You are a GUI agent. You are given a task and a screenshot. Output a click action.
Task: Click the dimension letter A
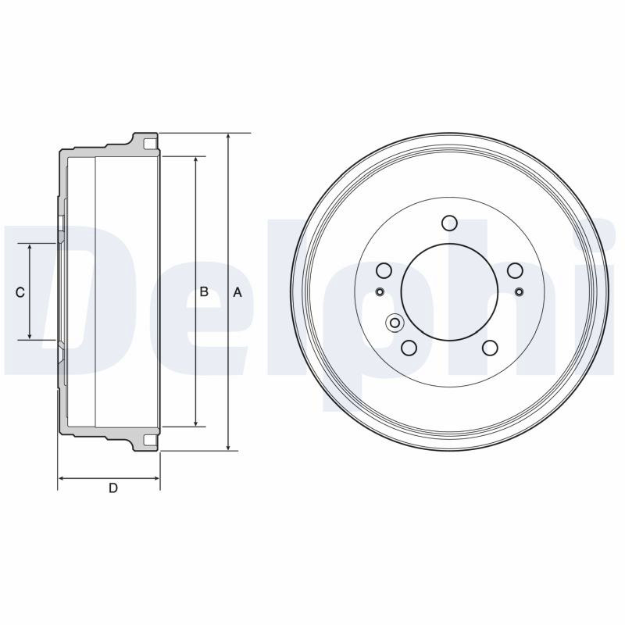tap(237, 292)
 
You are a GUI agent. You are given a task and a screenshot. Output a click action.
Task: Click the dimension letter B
tap(204, 291)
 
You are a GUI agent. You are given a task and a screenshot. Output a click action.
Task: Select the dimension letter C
tap(20, 292)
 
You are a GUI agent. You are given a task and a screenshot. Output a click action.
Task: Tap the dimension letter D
tap(113, 487)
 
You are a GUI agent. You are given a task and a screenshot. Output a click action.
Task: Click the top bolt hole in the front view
tap(450, 223)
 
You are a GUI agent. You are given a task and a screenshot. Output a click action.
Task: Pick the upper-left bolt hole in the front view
tap(384, 270)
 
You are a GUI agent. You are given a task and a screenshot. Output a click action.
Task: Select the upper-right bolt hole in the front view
tap(515, 270)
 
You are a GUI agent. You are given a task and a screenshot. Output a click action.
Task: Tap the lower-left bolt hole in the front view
tap(409, 348)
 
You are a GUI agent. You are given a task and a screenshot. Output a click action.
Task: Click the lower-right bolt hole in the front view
tap(490, 348)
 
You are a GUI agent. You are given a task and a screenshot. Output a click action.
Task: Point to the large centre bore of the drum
tap(450, 292)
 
